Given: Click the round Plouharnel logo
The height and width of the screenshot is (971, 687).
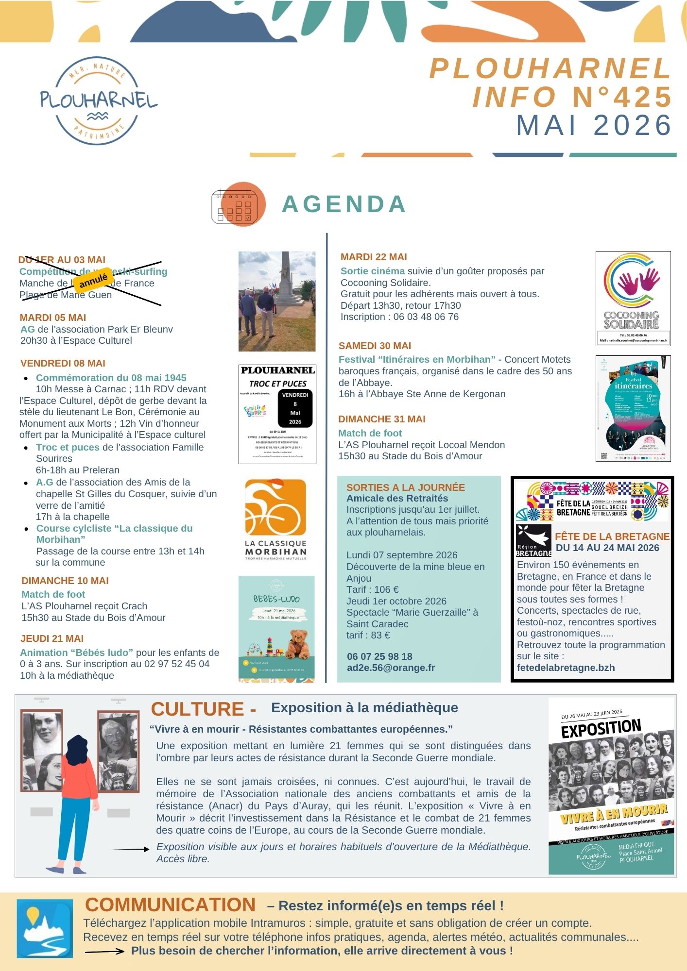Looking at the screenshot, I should point(99,101).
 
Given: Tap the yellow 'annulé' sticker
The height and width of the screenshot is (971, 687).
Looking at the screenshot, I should point(93,280).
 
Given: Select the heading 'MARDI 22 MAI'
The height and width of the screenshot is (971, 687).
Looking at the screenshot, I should point(374,257).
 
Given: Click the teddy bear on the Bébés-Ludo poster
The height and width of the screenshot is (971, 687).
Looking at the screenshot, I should point(298,643).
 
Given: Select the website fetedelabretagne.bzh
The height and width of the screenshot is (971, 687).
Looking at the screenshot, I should point(566,668).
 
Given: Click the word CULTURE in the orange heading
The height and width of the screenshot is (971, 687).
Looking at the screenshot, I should point(197,709).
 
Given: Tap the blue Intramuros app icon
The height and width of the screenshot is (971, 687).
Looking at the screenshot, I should point(45,928).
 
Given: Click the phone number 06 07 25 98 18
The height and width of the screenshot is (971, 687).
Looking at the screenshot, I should point(379,656).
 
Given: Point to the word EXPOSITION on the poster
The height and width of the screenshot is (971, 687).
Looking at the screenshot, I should point(601,728).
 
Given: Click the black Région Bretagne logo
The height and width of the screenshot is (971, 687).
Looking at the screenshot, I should point(533,540).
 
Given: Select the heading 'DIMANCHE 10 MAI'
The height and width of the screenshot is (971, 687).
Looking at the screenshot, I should point(65,581).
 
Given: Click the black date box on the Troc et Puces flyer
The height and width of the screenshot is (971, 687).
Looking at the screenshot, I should point(295,408).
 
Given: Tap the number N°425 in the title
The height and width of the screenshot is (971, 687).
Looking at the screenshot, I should point(622,97).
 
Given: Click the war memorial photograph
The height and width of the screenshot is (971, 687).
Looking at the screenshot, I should point(277,301).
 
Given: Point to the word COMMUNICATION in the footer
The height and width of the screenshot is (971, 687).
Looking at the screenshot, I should point(170,905).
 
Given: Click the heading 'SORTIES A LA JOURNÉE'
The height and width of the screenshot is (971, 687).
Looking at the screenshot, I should point(405,487).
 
